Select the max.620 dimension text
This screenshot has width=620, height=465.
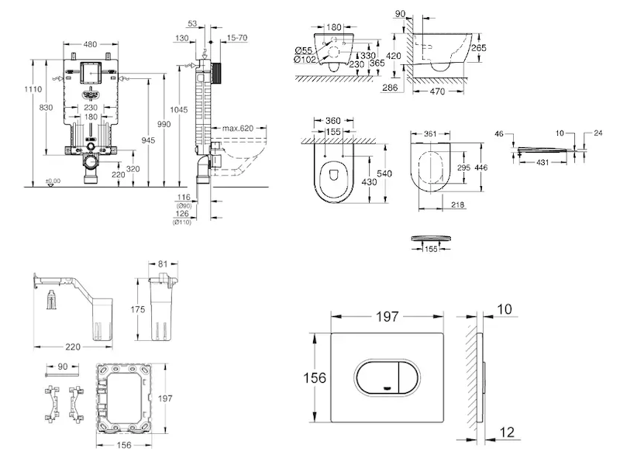239,128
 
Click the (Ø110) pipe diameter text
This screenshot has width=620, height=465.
183,222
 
